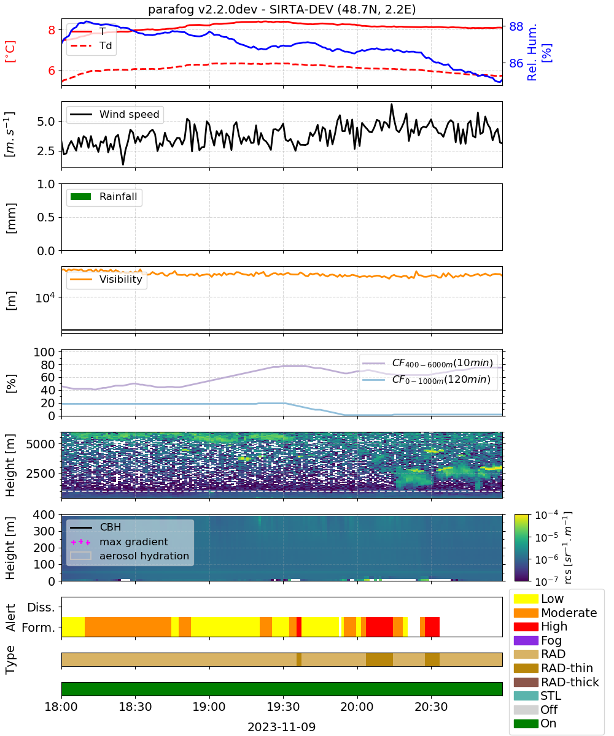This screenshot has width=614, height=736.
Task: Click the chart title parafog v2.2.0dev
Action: tap(203, 9)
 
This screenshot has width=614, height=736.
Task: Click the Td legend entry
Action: tap(91, 46)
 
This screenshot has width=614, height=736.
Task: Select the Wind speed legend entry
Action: tap(115, 114)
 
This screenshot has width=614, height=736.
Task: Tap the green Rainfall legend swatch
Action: tap(81, 197)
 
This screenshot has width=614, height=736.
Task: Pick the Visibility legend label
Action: tap(121, 280)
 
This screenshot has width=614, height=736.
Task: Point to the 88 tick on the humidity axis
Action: tap(516, 26)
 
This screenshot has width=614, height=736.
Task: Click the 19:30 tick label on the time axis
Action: tap(283, 707)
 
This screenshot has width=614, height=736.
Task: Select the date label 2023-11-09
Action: tap(282, 727)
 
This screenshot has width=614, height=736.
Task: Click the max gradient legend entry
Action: tap(119, 542)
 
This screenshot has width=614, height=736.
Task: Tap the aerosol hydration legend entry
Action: tap(130, 556)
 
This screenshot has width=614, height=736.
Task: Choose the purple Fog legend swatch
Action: tap(526, 640)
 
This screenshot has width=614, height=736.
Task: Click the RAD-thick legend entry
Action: tap(556, 682)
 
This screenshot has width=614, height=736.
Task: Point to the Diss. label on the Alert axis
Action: tap(41, 607)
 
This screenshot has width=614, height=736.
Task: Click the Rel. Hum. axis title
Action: tap(532, 52)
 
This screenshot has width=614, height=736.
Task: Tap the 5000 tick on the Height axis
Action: tap(41, 444)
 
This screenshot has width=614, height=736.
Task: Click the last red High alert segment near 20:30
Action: tap(432, 627)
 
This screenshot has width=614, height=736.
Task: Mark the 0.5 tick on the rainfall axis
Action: tap(46, 218)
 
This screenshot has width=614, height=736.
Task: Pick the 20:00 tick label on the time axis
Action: tap(357, 707)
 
